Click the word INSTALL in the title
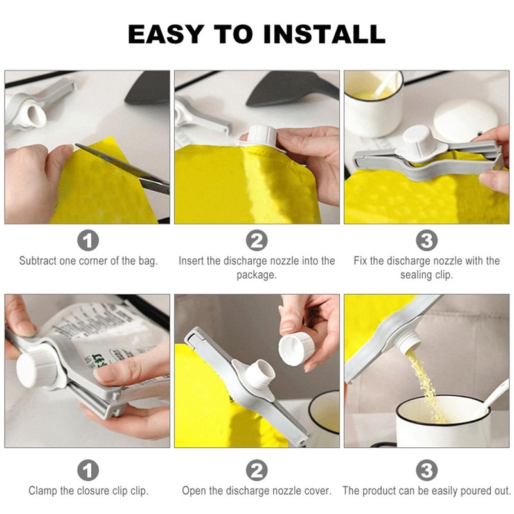(324, 34)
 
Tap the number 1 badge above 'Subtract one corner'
(88, 240)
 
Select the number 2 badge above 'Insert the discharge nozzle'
(256, 240)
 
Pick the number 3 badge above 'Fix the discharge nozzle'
(427, 240)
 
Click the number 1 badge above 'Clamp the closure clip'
(88, 470)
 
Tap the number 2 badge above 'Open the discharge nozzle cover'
(256, 470)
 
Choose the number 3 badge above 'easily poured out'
(427, 470)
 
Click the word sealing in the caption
(414, 275)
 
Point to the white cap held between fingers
(296, 348)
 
